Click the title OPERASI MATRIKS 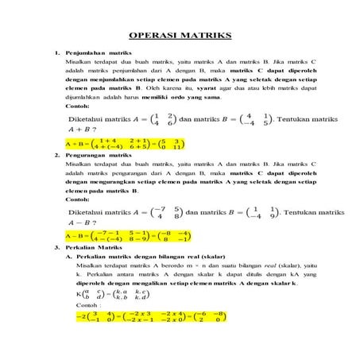point(180,36)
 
